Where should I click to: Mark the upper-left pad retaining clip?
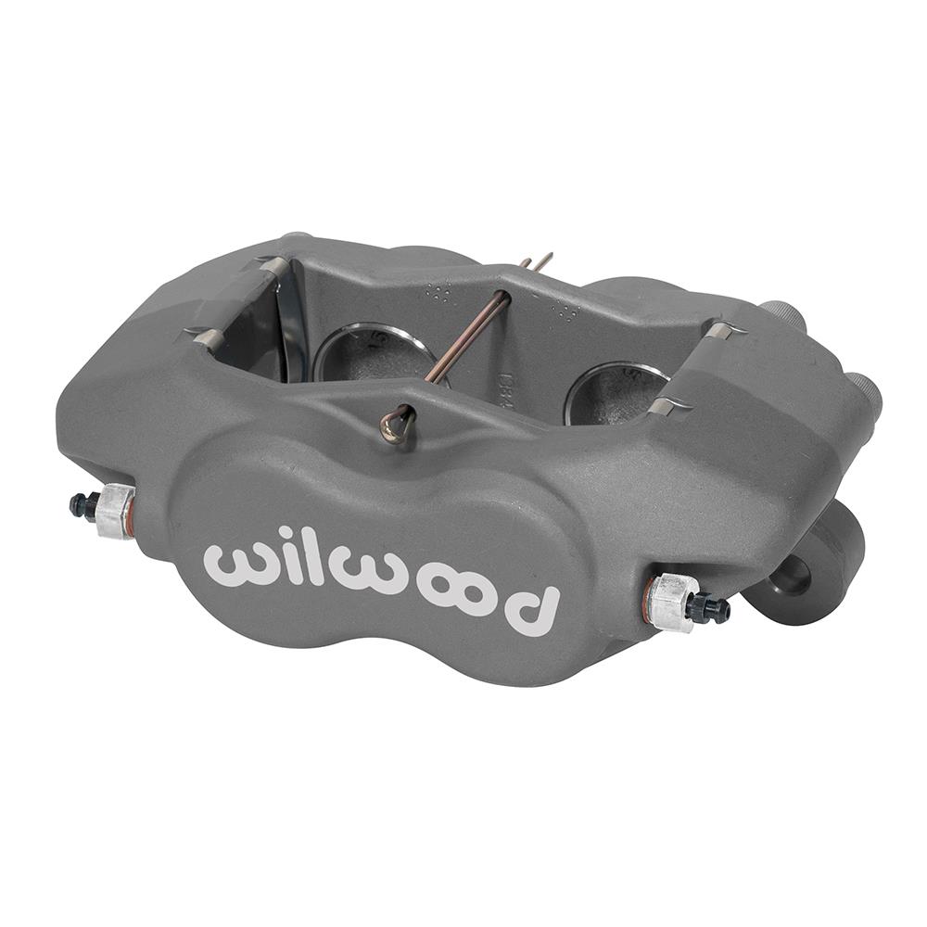pos(274,267)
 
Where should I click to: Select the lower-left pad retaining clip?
pos(206,339)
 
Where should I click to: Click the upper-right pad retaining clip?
pos(724,330)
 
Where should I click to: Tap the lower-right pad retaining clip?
pos(665,406)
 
